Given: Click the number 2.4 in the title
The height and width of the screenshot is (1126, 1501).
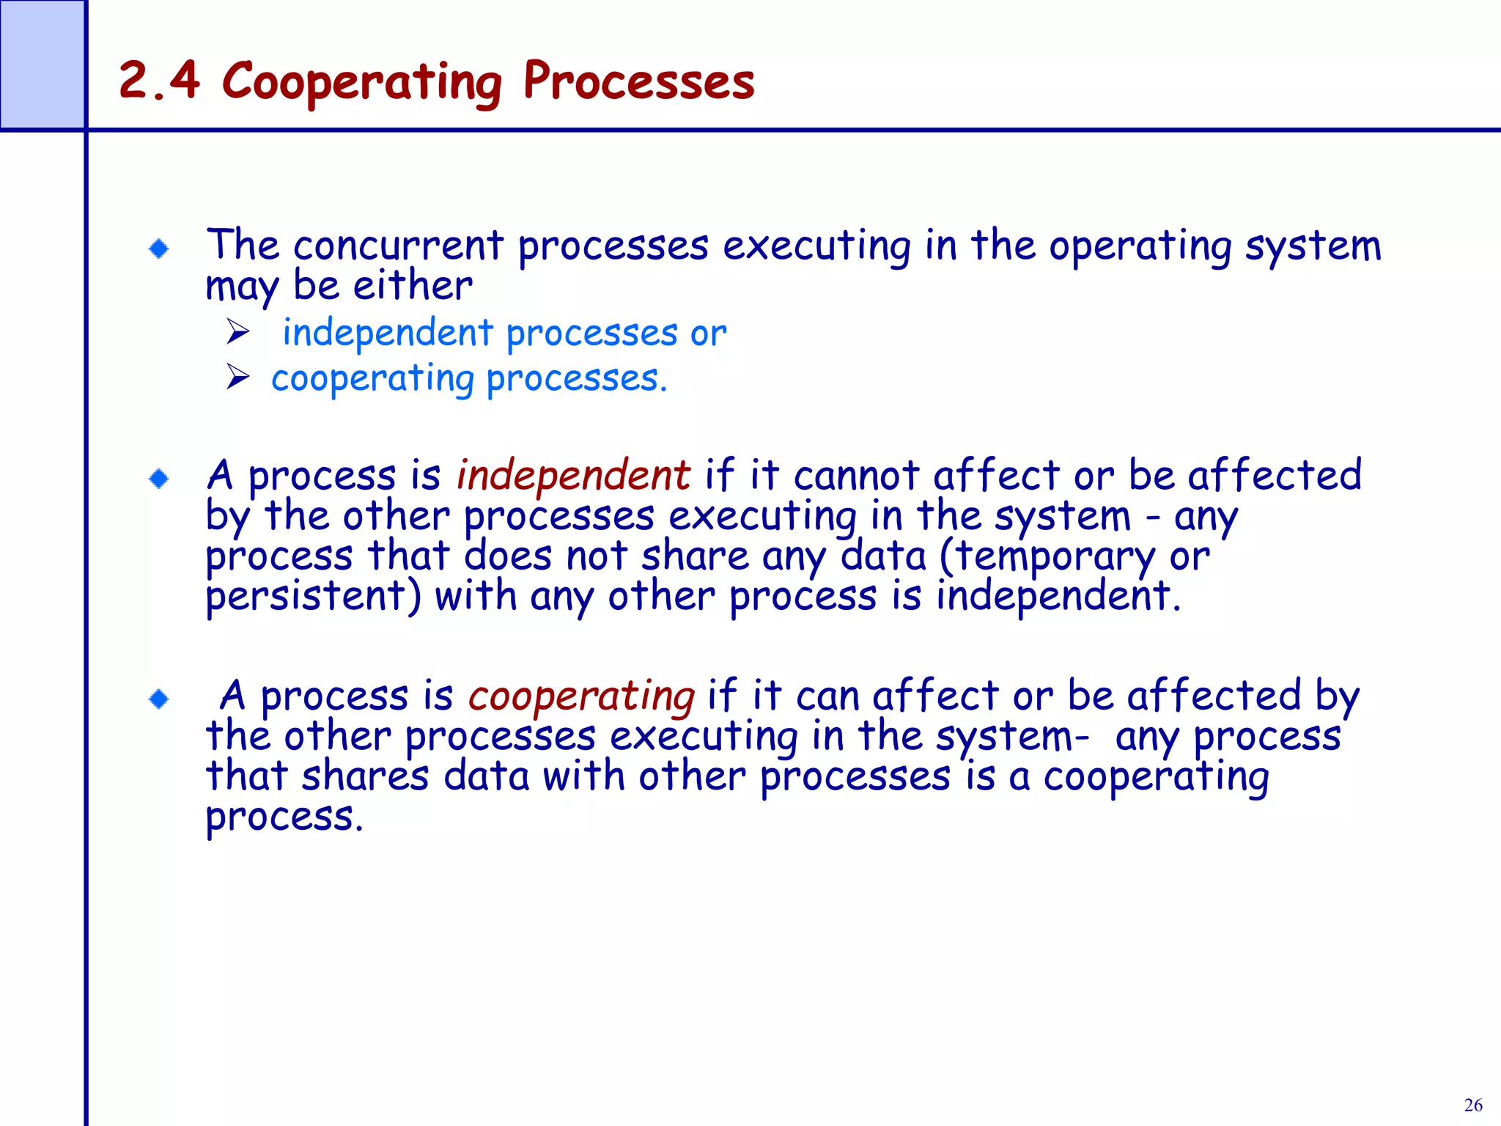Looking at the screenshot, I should point(159,80).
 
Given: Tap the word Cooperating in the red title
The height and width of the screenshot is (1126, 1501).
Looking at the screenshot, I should point(362,82).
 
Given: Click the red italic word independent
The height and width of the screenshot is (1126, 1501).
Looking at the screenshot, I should point(573,475).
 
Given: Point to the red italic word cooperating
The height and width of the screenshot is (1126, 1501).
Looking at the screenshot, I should point(581,696).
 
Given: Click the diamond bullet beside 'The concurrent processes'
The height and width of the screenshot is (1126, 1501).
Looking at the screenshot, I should point(159,249).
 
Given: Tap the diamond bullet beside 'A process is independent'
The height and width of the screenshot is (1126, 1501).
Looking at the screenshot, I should point(159,479).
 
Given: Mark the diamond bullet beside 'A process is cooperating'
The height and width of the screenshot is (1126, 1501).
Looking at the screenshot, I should point(159,699).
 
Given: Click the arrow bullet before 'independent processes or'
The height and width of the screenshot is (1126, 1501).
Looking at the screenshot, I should point(238,333).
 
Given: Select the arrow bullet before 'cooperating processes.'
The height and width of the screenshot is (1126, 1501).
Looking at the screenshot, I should point(238,378).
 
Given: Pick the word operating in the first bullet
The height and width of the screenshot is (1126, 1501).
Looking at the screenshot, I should point(1140,246).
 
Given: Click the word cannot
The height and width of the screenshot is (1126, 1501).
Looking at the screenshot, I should point(857,476).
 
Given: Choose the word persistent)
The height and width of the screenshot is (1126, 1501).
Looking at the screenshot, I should point(314,597).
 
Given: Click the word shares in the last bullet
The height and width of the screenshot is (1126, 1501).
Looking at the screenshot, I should point(365,776).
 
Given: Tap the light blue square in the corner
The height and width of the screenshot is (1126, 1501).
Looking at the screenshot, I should point(42,65).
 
